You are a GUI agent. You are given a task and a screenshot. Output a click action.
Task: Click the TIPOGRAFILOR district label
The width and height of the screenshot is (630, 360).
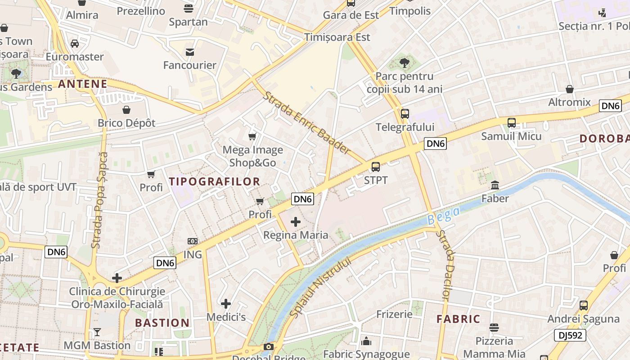pos(214,182)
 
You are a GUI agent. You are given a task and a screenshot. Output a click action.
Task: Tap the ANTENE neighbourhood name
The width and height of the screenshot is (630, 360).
pos(83,84)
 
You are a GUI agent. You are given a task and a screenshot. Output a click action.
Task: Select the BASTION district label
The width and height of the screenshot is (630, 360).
pos(162,323)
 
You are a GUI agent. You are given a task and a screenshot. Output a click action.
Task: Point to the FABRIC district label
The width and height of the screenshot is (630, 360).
pos(459,319)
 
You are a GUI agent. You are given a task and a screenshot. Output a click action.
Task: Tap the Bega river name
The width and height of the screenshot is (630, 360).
pos(444,216)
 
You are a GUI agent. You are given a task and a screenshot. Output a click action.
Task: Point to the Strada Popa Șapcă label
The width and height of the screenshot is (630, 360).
pos(99,200)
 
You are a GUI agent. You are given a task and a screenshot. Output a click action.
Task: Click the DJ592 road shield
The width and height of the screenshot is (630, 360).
pos(570,335)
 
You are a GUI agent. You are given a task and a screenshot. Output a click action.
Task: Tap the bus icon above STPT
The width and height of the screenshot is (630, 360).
pos(376,167)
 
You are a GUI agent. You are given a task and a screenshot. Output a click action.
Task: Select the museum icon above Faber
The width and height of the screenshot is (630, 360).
pos(495,185)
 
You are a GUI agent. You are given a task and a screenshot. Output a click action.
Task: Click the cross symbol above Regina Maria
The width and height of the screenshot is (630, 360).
pos(296,221)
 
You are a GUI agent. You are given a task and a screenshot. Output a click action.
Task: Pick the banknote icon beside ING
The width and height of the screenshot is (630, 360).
pos(193,241)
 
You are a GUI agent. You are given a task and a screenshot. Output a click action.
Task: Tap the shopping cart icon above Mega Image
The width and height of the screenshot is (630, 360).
pos(252,136)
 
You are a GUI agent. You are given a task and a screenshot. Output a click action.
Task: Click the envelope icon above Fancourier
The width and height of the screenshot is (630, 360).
pos(190,52)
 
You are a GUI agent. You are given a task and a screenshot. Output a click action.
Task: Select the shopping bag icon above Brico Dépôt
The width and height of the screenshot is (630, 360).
pos(126,110)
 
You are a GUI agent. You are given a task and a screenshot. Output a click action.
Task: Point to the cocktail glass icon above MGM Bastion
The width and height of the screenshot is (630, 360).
pos(97,333)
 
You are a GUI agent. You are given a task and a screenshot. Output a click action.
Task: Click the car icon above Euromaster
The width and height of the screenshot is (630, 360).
pos(75,44)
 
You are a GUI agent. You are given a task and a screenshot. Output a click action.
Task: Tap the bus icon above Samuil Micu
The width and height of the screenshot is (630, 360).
pos(512,122)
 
